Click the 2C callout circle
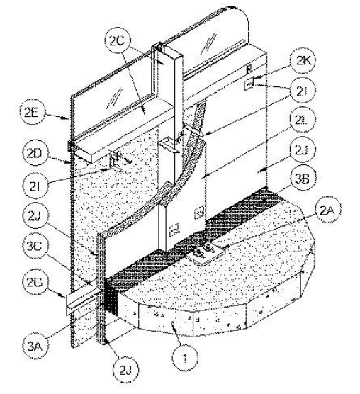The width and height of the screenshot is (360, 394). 118,41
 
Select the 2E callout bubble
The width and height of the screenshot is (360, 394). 32,113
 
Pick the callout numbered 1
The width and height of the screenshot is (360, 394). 185,359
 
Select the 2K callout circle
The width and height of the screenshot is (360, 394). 303,60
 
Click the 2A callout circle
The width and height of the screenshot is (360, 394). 327,211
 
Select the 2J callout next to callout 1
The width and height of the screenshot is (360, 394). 125,370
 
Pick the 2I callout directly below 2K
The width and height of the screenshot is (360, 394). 303,91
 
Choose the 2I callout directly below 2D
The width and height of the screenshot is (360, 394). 35,186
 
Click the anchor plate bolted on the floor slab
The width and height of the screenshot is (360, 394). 206,254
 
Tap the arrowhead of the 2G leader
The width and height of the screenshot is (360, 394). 64,295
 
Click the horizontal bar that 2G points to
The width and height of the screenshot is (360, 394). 84,301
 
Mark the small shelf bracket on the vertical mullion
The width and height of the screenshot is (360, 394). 169,145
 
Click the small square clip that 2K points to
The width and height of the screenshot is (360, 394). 249,84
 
